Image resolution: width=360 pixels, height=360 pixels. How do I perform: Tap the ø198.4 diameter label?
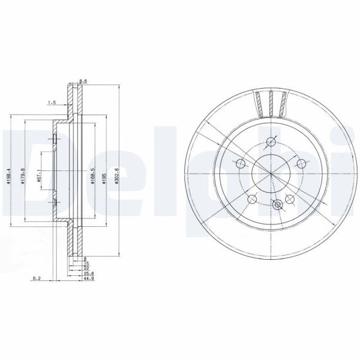pyautogui.click(x=11, y=178)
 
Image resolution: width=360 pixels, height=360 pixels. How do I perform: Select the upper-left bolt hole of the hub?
pyautogui.click(x=241, y=163)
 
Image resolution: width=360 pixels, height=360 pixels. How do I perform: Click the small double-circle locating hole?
pyautogui.click(x=277, y=205)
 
